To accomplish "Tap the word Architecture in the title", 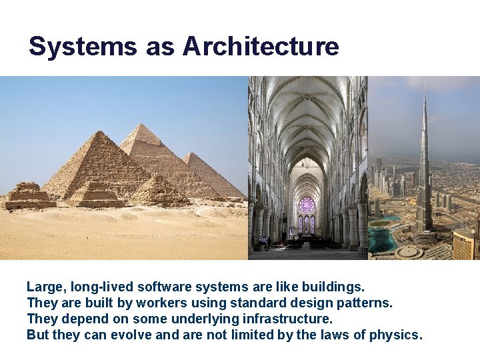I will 261,47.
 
